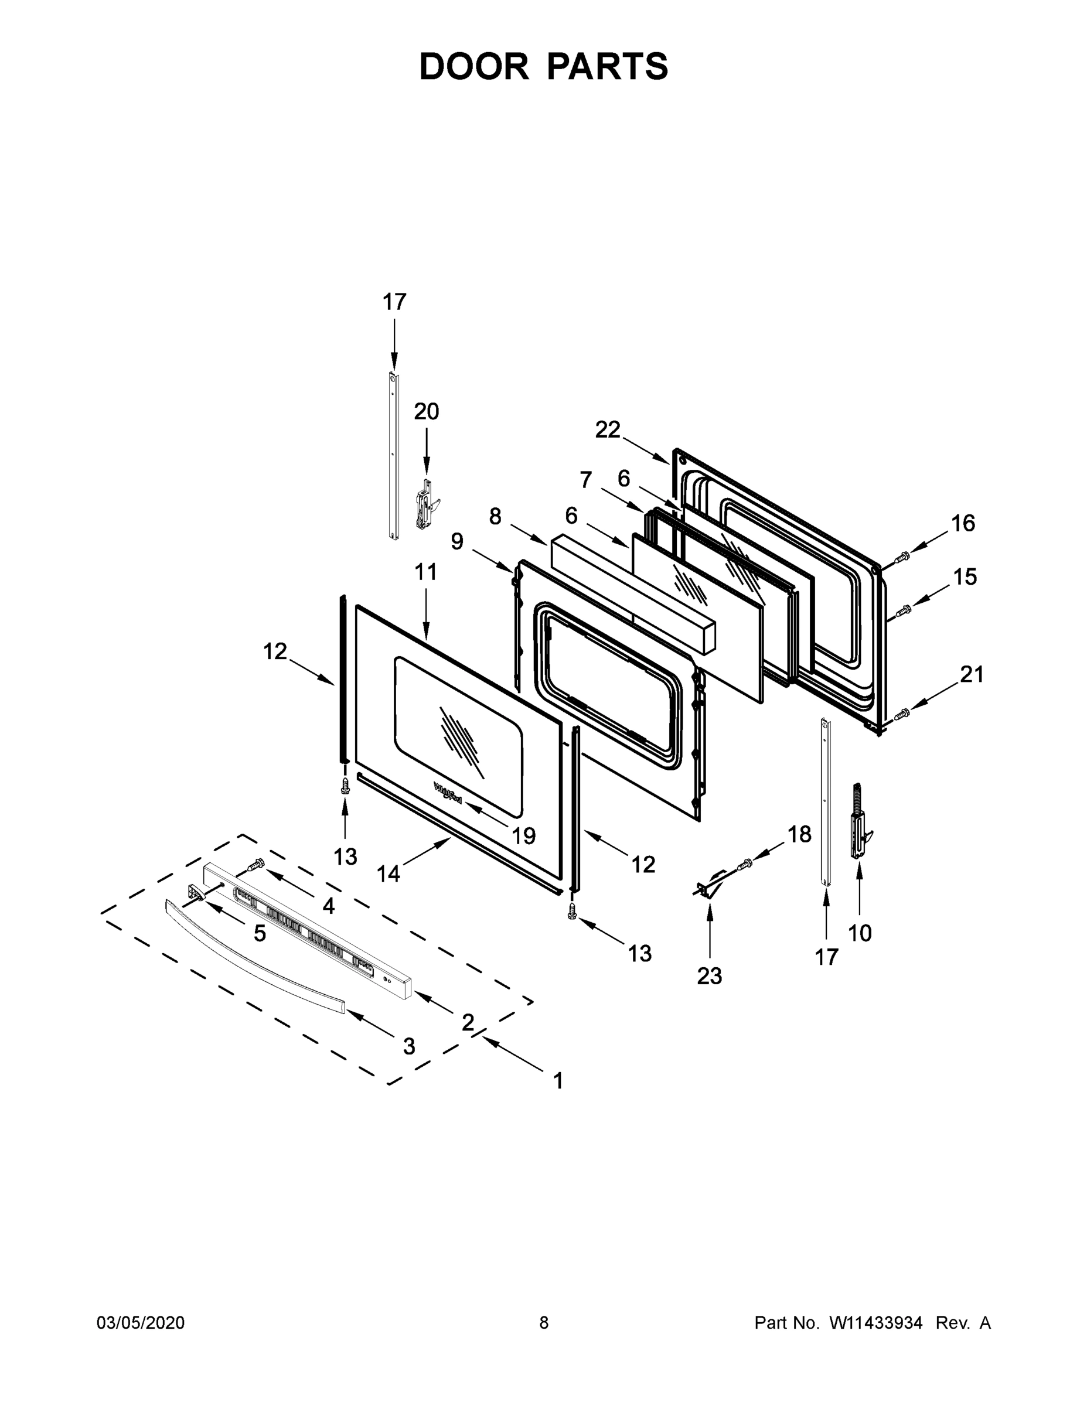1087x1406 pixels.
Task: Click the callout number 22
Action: [607, 429]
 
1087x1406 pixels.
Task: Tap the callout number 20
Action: [426, 411]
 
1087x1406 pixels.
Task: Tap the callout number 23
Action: [709, 976]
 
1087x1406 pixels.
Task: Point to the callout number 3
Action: [408, 1046]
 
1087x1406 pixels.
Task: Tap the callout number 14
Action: [389, 873]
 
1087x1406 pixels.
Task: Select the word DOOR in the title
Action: [473, 67]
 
